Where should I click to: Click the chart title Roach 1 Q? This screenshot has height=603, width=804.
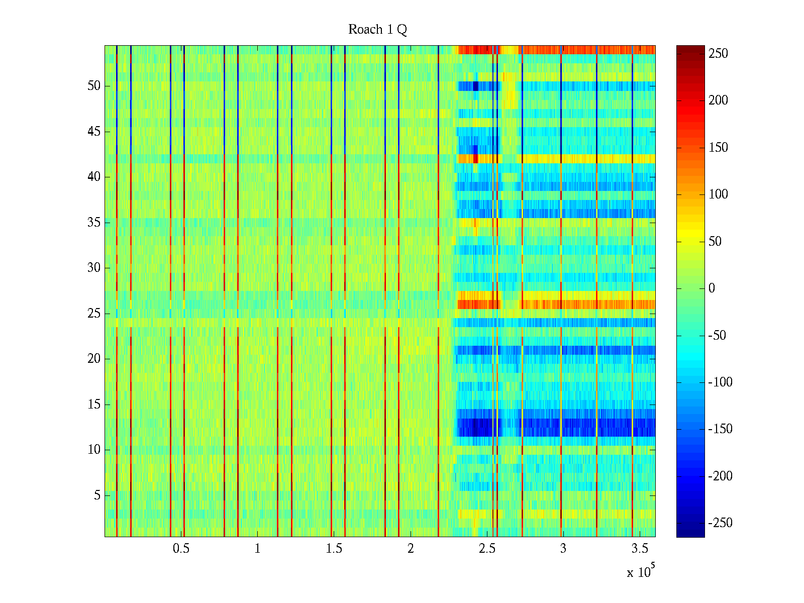pos(377,30)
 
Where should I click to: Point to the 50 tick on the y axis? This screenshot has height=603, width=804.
pos(94,86)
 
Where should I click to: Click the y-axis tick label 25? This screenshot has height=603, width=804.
pos(94,314)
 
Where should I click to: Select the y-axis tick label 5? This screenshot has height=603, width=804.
pos(97,495)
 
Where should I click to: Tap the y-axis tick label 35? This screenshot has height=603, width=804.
pos(94,223)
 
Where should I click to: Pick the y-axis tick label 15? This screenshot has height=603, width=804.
pos(94,405)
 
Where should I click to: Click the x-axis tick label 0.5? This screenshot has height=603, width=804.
pos(181,549)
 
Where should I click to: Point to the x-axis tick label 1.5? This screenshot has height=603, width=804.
pos(334,549)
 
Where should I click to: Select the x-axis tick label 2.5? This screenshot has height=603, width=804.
pos(487,549)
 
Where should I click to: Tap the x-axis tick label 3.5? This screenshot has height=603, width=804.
pos(640,549)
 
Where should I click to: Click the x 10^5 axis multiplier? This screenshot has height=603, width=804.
pos(640,572)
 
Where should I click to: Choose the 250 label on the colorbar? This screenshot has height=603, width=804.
pos(718,54)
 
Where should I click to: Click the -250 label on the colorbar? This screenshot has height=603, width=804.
pos(720,523)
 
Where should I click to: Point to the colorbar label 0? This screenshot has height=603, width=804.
pos(712,288)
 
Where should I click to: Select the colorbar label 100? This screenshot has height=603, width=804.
pos(718,194)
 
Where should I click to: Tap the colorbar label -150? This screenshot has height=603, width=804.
pos(720,429)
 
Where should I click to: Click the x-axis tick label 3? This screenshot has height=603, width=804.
pos(563,549)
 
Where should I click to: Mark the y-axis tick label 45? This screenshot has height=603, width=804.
pos(94,132)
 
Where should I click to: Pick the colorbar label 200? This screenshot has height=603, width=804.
pos(718,100)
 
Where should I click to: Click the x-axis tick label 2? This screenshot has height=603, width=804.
pos(410,549)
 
